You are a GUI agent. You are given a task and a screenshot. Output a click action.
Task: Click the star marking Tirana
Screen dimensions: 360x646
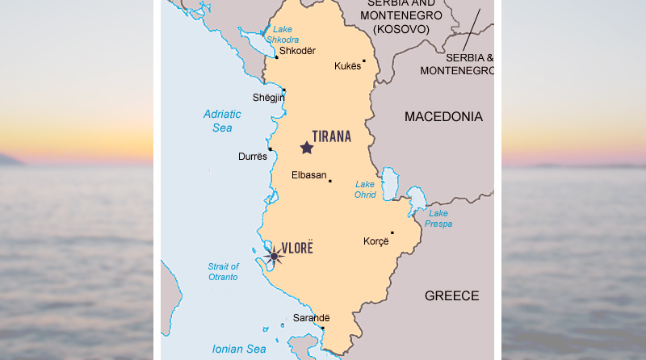pos(307,148)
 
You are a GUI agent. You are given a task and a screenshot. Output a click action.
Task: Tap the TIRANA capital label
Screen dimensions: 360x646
pos(332,136)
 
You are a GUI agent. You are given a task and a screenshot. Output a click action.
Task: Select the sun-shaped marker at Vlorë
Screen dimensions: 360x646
pos(274,257)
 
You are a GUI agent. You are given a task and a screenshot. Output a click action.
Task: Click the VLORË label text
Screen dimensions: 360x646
pos(296,247)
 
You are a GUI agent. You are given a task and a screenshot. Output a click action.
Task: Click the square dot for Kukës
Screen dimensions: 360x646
pos(364,61)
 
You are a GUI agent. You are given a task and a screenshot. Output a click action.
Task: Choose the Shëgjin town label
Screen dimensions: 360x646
pos(269,98)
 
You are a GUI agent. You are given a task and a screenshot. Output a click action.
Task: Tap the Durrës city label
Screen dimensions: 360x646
pos(253,157)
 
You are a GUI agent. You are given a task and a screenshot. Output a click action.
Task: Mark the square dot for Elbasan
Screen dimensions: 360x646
pos(329,181)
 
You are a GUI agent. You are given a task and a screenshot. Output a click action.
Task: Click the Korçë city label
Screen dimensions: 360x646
pos(376,241)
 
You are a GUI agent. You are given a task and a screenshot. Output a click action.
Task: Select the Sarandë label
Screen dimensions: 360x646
pos(312,318)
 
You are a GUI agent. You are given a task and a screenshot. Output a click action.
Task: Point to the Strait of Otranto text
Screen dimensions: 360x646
pos(223,272)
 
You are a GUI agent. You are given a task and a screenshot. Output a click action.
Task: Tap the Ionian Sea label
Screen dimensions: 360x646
pos(238,349)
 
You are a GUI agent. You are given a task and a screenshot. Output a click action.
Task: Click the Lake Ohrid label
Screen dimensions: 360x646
pos(365,189)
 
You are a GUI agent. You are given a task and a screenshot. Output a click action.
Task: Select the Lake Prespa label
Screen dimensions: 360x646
pos(439,219)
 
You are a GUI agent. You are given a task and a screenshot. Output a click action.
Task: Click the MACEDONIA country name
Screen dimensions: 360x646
pos(443,117)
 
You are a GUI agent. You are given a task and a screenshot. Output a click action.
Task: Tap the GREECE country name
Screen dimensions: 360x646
pos(451,296)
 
